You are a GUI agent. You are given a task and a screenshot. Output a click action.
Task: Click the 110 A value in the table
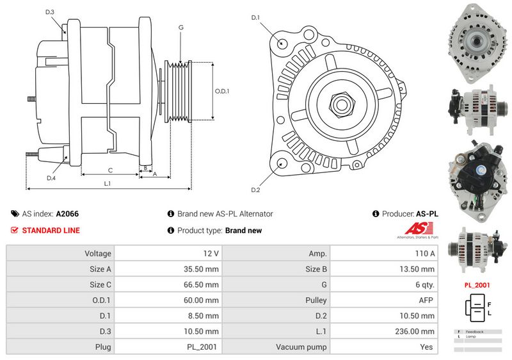point(424,254)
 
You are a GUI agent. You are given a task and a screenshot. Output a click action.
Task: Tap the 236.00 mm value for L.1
point(415,331)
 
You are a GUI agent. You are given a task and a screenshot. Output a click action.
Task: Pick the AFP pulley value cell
point(426,300)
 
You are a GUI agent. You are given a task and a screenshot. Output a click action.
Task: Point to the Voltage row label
point(98,254)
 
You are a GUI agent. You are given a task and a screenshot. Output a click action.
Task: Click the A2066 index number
point(68,214)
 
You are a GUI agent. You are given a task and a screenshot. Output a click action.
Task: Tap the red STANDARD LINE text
point(51,231)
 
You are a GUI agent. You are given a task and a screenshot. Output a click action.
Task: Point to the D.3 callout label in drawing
point(50,12)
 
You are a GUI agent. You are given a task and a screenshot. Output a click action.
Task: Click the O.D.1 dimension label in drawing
point(222,90)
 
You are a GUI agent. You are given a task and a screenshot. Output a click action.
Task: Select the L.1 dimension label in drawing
point(108,183)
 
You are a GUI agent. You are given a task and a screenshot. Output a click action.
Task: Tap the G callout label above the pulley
point(181,28)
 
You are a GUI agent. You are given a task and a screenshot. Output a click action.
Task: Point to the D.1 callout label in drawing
point(255,17)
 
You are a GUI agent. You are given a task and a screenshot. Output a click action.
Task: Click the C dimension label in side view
point(110,170)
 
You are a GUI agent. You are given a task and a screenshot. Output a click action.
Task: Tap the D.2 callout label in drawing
point(255,190)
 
